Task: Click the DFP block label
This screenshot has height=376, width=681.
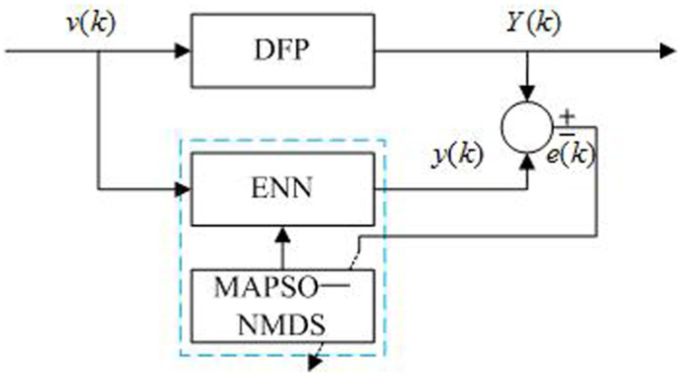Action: click(x=282, y=50)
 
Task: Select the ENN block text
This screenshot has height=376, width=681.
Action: click(x=282, y=188)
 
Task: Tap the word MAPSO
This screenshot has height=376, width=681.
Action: click(x=266, y=287)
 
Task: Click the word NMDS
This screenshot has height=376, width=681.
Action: click(x=282, y=323)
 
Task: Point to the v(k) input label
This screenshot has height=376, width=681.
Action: click(x=91, y=23)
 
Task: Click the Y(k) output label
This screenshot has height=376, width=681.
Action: click(x=533, y=22)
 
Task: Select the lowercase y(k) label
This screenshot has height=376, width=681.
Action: click(x=457, y=155)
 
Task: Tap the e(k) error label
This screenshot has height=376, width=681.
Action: click(x=571, y=153)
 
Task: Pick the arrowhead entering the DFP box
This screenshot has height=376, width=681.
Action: click(x=183, y=51)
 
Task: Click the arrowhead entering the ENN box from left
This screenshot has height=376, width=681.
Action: click(x=183, y=189)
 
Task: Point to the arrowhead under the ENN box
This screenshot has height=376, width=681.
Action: click(x=283, y=236)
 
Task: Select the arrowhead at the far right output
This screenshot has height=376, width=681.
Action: click(x=667, y=51)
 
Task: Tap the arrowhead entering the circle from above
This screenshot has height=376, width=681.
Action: click(x=528, y=93)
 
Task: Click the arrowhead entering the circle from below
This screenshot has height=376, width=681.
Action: click(x=528, y=161)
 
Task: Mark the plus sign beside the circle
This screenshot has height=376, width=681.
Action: click(x=567, y=116)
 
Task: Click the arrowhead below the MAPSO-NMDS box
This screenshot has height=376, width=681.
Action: click(x=315, y=362)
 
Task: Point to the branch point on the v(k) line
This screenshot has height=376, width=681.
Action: click(x=99, y=51)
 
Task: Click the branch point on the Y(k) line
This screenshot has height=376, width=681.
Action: click(x=528, y=51)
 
